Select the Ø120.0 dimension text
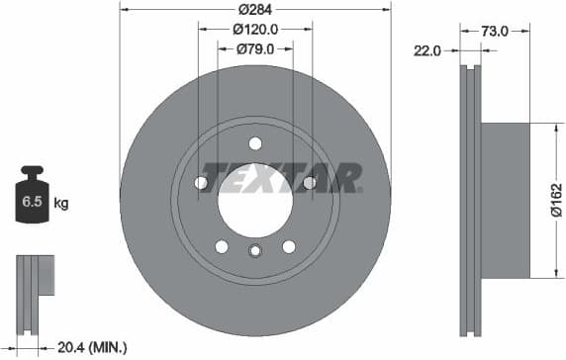[x=255, y=30]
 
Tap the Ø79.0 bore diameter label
[x=255, y=48]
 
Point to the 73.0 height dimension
[x=495, y=31]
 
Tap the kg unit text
[x=61, y=205]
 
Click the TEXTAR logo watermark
[x=281, y=178]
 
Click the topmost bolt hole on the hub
[x=255, y=142]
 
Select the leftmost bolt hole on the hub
[x=202, y=183]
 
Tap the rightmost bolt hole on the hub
[x=309, y=183]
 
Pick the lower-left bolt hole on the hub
[x=222, y=246]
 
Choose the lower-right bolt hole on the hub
[x=289, y=246]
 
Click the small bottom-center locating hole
[x=255, y=250]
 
